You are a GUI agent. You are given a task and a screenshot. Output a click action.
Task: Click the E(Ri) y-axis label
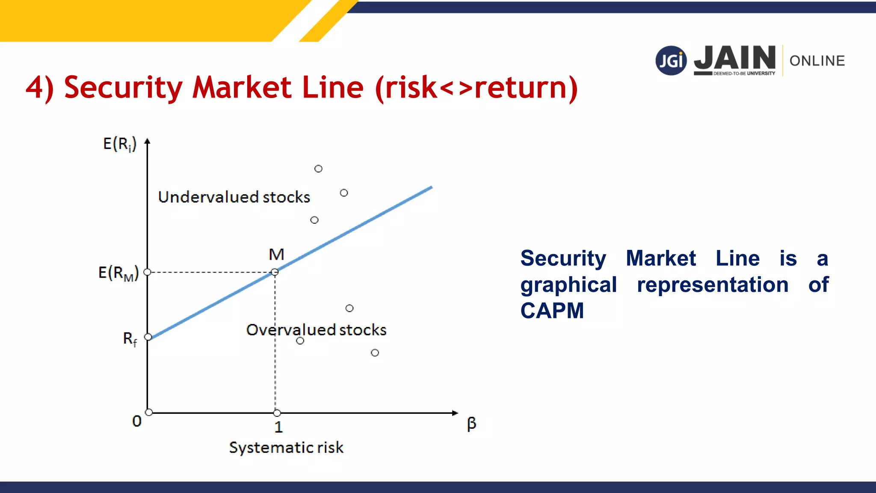pyautogui.click(x=119, y=144)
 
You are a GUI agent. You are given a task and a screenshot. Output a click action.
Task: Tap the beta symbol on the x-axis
pyautogui.click(x=471, y=424)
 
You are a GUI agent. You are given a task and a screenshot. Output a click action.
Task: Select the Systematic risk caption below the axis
pyautogui.click(x=286, y=447)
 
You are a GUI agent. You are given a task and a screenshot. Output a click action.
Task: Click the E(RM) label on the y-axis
pyautogui.click(x=118, y=273)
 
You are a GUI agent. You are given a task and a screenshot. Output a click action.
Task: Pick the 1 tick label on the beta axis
pyautogui.click(x=278, y=427)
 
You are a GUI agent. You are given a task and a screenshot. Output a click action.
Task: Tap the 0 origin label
pyautogui.click(x=137, y=421)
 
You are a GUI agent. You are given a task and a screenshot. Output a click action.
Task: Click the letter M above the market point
pyautogui.click(x=276, y=255)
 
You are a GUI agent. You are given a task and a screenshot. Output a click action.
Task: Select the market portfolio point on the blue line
pyautogui.click(x=275, y=272)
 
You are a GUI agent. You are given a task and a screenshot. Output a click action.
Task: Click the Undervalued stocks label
pyautogui.click(x=234, y=197)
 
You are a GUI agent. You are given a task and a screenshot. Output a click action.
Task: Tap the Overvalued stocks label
pyautogui.click(x=316, y=330)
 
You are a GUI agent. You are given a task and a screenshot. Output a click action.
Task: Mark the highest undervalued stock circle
pyautogui.click(x=318, y=169)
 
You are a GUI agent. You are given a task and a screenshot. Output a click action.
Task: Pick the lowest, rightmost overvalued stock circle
pyautogui.click(x=375, y=353)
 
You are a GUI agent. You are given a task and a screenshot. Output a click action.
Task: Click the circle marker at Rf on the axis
pyautogui.click(x=148, y=337)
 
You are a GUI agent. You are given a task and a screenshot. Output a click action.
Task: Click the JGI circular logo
pyautogui.click(x=671, y=61)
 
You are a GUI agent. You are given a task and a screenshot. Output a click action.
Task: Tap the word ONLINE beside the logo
pyautogui.click(x=817, y=61)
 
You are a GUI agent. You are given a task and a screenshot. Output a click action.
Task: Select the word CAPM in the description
pyautogui.click(x=552, y=311)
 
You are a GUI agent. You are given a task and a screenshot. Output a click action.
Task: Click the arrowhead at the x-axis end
pyautogui.click(x=455, y=413)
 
